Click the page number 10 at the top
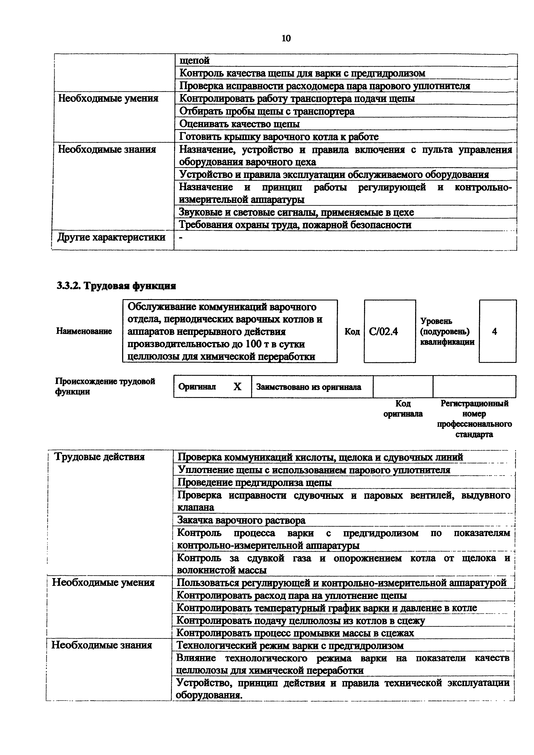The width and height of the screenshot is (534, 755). (x=286, y=39)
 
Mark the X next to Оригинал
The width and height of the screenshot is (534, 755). (x=237, y=387)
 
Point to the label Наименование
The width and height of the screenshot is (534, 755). (x=84, y=331)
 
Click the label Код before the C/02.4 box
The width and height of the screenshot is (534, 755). (x=352, y=331)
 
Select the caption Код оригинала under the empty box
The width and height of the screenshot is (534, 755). (x=403, y=408)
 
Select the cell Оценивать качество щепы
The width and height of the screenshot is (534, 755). (x=239, y=124)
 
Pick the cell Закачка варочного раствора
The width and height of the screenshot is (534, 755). (x=241, y=520)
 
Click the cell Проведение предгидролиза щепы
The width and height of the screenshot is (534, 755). (x=254, y=482)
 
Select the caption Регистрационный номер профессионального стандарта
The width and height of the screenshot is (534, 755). (x=474, y=419)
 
